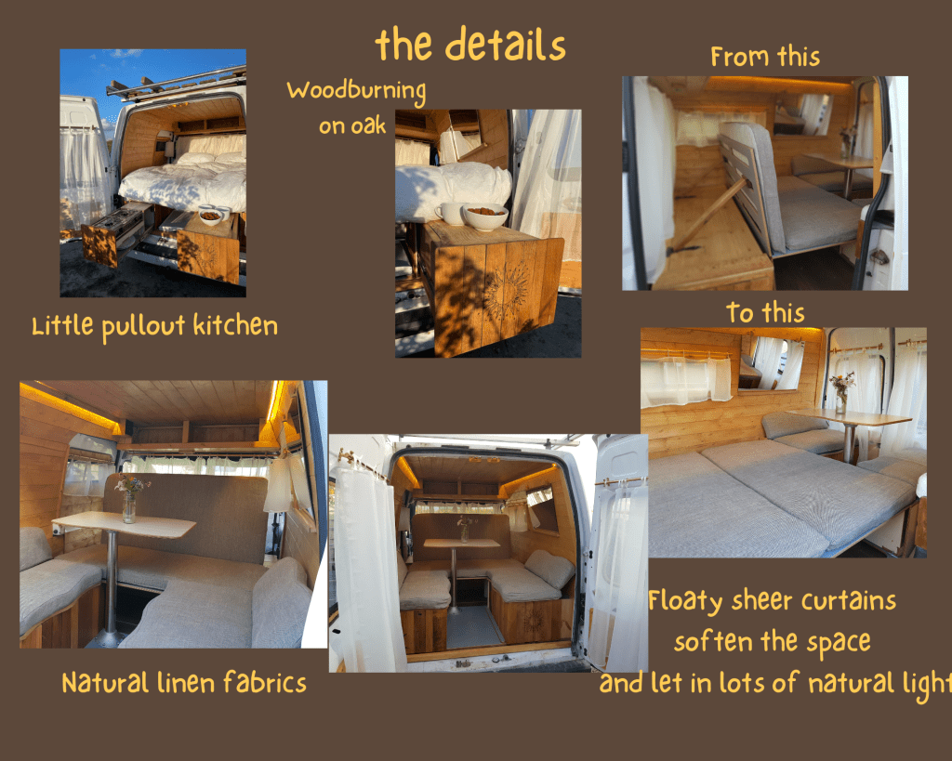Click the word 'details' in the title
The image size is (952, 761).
coord(505,45)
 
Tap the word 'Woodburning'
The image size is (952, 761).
coord(356,91)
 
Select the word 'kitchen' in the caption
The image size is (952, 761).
coord(235,325)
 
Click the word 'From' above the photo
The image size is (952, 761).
coord(739,57)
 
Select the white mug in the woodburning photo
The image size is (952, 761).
coord(449,214)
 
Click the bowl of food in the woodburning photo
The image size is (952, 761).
coord(484,216)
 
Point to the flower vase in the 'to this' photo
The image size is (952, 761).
coord(840,392)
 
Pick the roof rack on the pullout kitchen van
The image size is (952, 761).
coord(176,82)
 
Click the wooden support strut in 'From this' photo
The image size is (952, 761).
coord(707,216)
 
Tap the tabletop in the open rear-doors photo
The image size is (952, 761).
coord(461,543)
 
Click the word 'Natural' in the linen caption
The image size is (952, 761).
coord(106,683)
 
